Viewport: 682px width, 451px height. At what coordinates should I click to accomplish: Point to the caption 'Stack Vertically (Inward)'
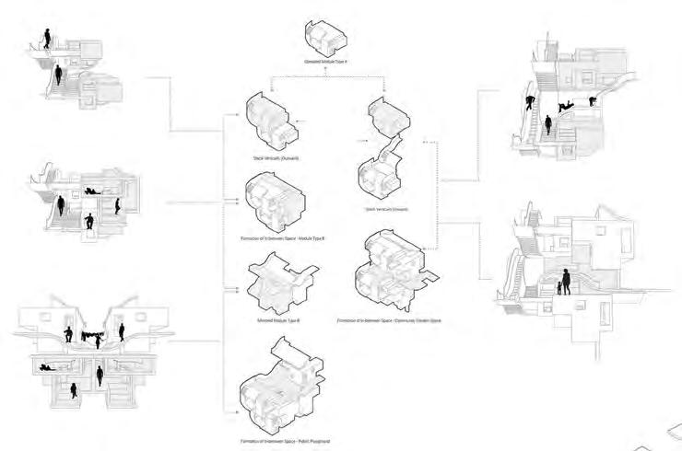point(387,209)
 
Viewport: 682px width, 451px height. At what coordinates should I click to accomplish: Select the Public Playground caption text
point(283,442)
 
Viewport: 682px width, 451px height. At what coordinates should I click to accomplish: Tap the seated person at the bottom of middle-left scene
point(88,221)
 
